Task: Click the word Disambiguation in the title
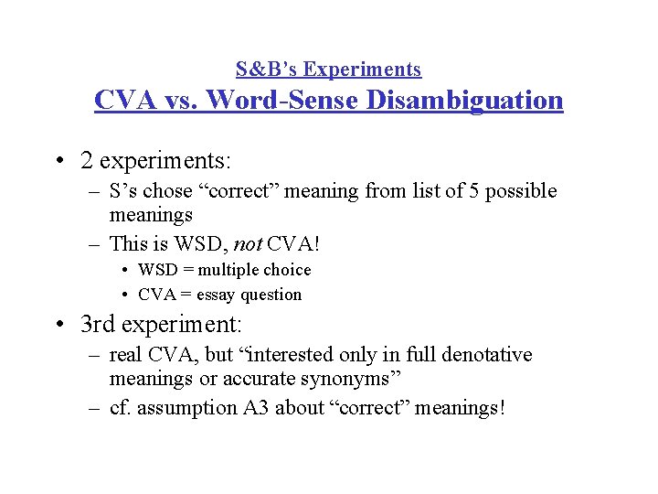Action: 464,100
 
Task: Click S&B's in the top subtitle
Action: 267,70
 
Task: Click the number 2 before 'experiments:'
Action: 86,161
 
